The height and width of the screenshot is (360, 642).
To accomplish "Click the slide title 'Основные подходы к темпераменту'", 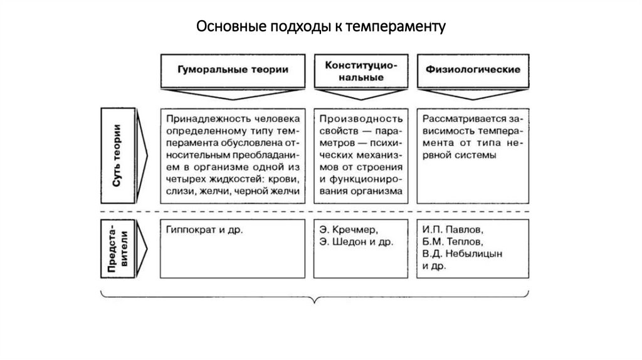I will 320,27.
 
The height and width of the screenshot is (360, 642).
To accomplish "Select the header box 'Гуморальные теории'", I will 233,70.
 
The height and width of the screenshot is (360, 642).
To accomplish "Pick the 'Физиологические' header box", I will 473,70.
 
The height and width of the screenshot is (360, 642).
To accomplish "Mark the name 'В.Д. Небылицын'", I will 462,253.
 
